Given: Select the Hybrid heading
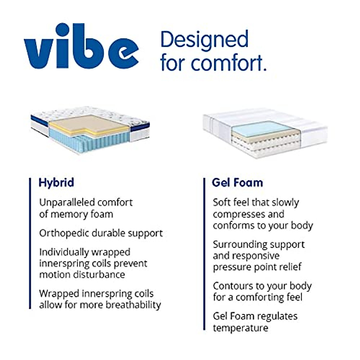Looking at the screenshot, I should pos(56,182).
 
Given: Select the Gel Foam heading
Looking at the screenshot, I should pos(237,182).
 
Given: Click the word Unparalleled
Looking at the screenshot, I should pos(66,202).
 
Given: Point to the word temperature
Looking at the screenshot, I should pos(241,328).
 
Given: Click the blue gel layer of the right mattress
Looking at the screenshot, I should pos(261,128).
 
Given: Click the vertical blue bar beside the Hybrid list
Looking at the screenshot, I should pos(30,243).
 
